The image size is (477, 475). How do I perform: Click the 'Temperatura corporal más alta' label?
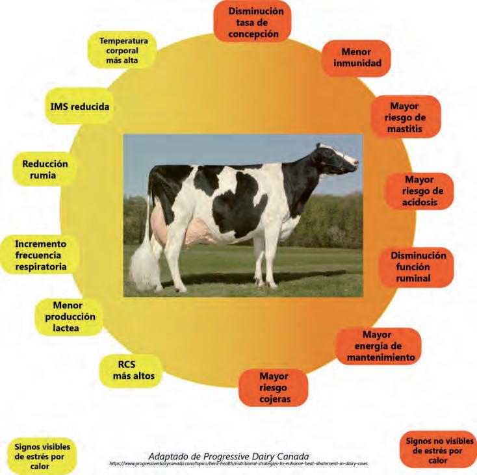pyautogui.click(x=123, y=50)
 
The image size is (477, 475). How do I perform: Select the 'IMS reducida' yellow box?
pyautogui.click(x=80, y=106)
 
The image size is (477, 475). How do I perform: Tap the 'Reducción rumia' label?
pyautogui.click(x=44, y=170)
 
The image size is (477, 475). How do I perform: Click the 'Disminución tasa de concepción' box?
pyautogui.click(x=253, y=22)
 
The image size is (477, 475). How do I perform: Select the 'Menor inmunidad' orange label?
pyautogui.click(x=356, y=58)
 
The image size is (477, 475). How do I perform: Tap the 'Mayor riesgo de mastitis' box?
pyautogui.click(x=404, y=117)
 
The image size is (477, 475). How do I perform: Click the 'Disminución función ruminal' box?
pyautogui.click(x=417, y=267)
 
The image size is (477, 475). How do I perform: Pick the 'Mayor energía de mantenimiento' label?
pyautogui.click(x=377, y=346)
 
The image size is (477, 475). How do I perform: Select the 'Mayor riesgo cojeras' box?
pyautogui.click(x=274, y=387)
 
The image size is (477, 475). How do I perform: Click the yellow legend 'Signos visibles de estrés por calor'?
pyautogui.click(x=42, y=456)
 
